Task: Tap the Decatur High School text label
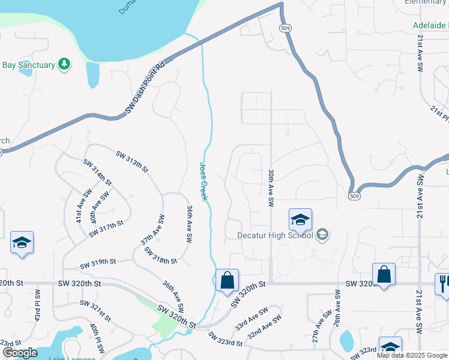274,235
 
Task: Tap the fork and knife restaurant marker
443,283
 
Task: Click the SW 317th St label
106,228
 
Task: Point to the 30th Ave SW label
271,187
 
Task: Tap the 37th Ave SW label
152,229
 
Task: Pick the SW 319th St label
98,263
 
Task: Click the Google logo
20,353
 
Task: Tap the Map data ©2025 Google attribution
412,355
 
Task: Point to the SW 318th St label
160,256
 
